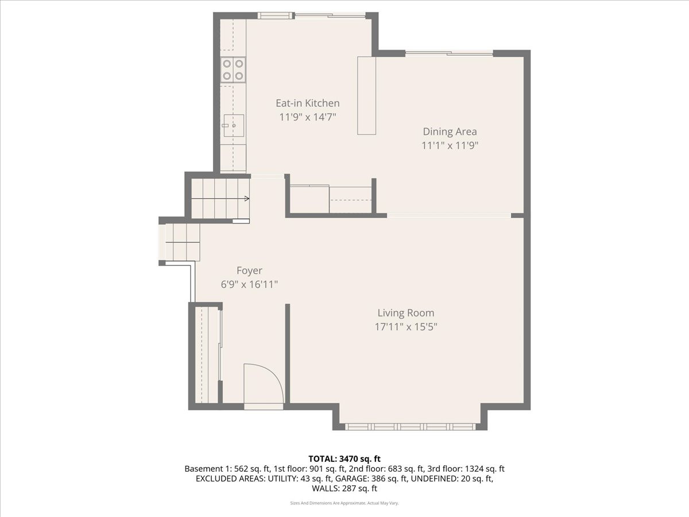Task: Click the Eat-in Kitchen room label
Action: (307, 103)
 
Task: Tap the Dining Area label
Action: (450, 132)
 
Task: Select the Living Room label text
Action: (405, 313)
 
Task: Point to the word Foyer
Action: (249, 271)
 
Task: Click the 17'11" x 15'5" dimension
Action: (405, 327)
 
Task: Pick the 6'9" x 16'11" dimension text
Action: (249, 284)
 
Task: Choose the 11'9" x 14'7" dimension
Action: (307, 117)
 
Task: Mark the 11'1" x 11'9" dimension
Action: (450, 145)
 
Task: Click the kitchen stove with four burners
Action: (233, 70)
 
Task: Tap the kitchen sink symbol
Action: (234, 125)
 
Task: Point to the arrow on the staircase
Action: (246, 199)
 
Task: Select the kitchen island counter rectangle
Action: (366, 95)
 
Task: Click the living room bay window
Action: (410, 426)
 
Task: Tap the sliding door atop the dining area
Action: (450, 53)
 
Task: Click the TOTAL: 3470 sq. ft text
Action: (344, 458)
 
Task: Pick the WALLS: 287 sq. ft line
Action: (344, 489)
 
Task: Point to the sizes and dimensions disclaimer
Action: (344, 503)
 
